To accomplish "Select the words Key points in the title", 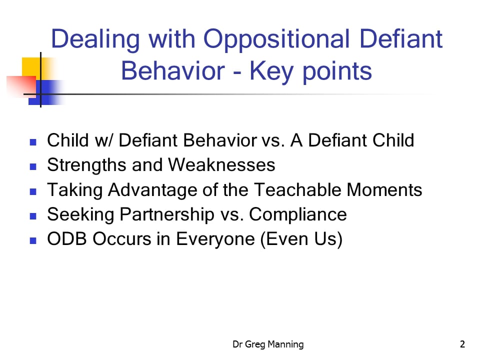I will [x=310, y=71].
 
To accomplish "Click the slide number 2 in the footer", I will [x=462, y=344].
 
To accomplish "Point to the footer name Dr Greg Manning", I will [x=268, y=344].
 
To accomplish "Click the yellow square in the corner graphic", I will [x=31, y=66].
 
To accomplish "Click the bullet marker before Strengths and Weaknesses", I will [x=33, y=166].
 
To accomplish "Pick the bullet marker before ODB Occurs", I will [x=33, y=240].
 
